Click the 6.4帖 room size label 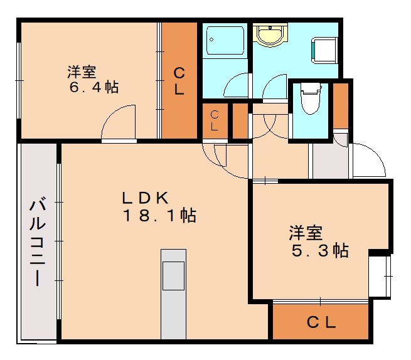(x=93, y=87)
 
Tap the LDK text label (x=145, y=198)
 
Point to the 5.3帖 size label (x=319, y=251)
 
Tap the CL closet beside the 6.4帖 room (x=179, y=80)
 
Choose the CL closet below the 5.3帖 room (x=321, y=322)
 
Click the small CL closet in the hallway (x=215, y=120)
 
